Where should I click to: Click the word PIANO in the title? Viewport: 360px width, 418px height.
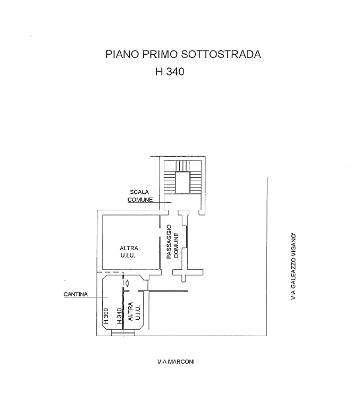pos(122,54)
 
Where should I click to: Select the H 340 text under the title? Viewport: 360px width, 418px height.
pos(169,72)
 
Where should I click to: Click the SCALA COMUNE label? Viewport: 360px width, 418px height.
pos(139,196)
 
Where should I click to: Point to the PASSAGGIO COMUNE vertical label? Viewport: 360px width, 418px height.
pos(172,242)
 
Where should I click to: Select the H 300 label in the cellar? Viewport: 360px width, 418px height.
pos(106,317)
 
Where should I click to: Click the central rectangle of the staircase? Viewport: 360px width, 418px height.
pos(182,182)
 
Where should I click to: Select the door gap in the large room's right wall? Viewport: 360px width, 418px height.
pos(161,234)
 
